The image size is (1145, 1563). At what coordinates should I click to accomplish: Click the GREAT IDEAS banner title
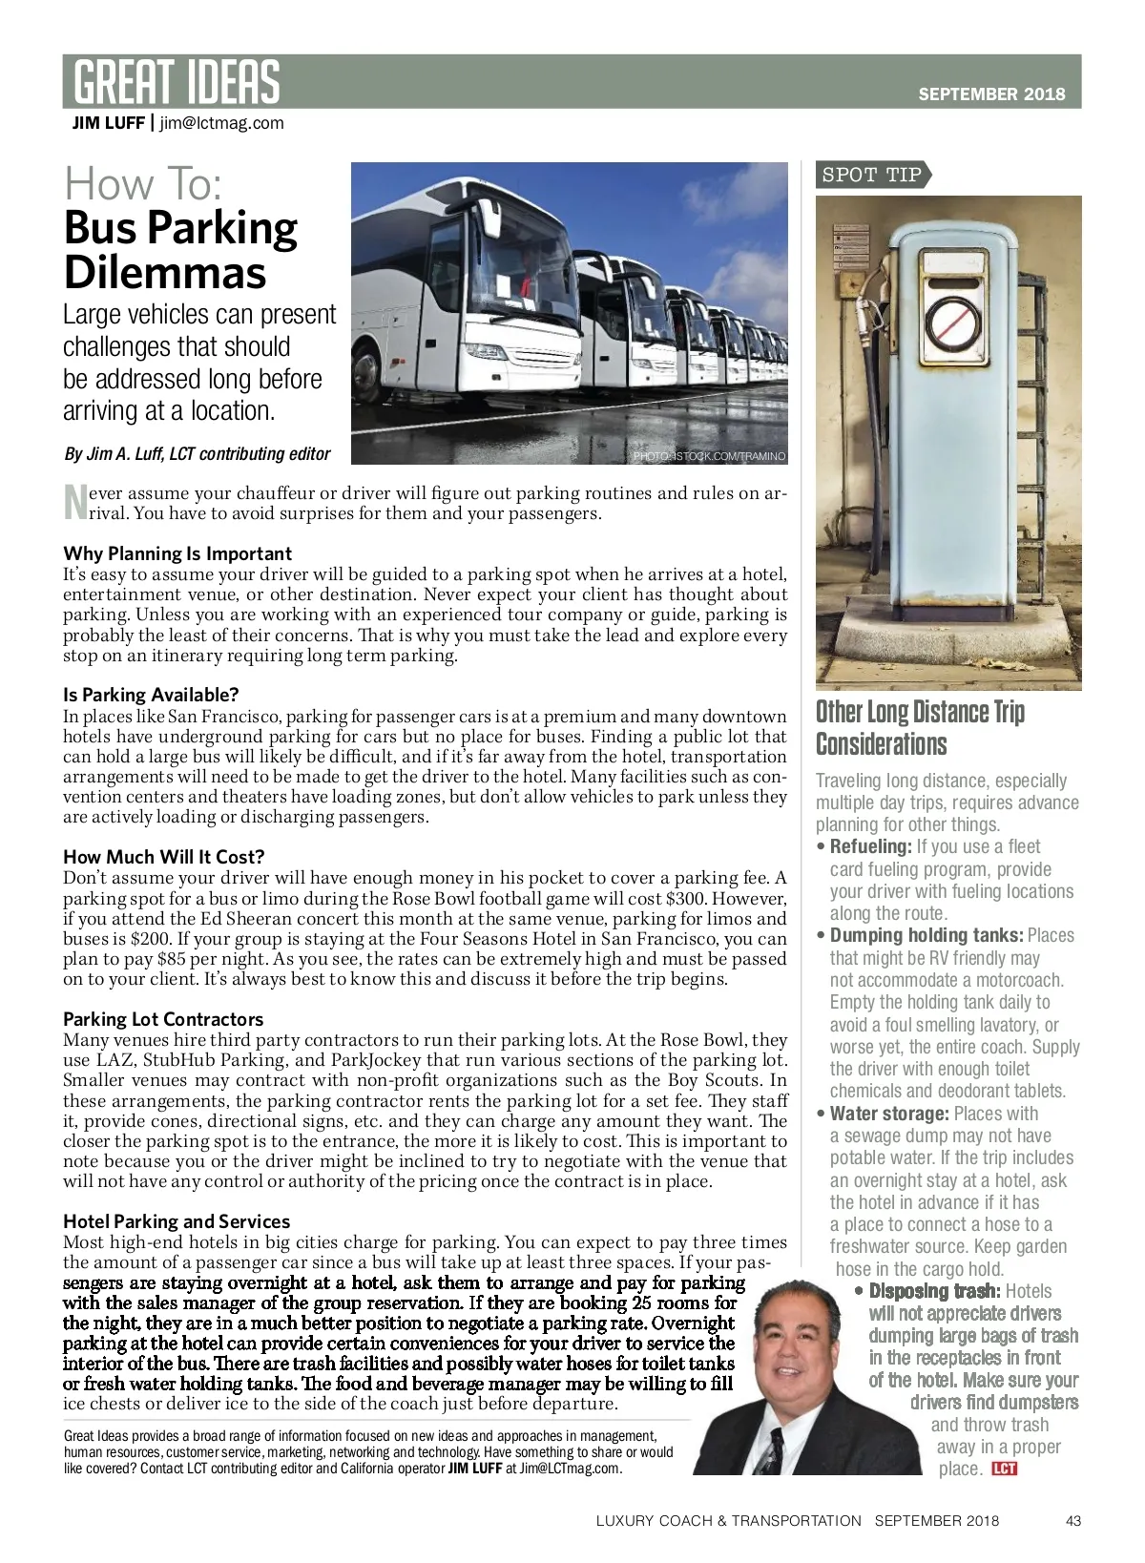pyautogui.click(x=177, y=81)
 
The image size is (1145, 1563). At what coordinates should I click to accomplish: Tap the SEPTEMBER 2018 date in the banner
pyautogui.click(x=991, y=94)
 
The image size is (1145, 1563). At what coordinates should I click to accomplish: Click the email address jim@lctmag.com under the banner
pyautogui.click(x=221, y=122)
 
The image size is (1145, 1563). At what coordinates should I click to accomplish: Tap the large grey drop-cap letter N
pyautogui.click(x=73, y=503)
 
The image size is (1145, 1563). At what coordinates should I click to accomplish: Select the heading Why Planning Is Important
pyautogui.click(x=177, y=553)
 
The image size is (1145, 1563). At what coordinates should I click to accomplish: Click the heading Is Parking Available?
pyautogui.click(x=151, y=695)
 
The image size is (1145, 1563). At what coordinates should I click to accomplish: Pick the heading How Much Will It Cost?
pyautogui.click(x=163, y=857)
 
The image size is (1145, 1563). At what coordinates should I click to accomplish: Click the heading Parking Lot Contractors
pyautogui.click(x=163, y=1019)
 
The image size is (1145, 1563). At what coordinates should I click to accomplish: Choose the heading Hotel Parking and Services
pyautogui.click(x=177, y=1221)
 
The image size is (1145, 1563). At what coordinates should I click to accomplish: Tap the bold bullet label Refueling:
pyautogui.click(x=871, y=846)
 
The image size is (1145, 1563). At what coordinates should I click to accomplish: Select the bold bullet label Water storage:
pyautogui.click(x=889, y=1114)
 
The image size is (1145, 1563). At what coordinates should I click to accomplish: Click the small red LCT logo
pyautogui.click(x=1005, y=1469)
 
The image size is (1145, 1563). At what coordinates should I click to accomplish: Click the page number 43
pyautogui.click(x=1073, y=1520)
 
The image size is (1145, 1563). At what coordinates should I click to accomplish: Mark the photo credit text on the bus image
pyautogui.click(x=710, y=456)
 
